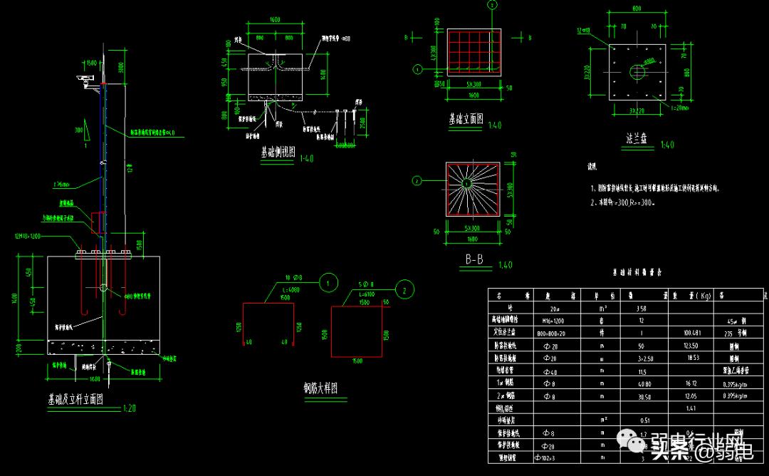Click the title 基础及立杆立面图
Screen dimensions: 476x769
point(75,400)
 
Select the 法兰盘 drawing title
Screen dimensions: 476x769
point(633,140)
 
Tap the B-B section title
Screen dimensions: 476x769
point(474,261)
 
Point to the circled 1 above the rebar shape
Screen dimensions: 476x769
point(328,283)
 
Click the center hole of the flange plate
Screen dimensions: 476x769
point(636,71)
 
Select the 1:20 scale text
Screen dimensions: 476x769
point(130,408)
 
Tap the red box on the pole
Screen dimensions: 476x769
point(98,223)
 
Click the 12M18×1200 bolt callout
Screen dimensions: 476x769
point(29,236)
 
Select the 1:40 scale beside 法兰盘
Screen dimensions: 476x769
point(666,145)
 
